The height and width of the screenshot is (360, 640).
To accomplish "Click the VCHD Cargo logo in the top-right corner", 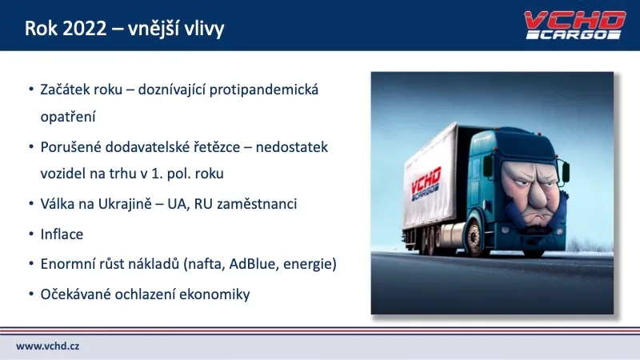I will point(573,25).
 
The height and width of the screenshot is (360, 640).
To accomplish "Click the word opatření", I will point(68,116).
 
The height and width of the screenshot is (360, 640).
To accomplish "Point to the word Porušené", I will point(70,148).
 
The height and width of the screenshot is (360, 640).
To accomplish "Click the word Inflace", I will point(62,235).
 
